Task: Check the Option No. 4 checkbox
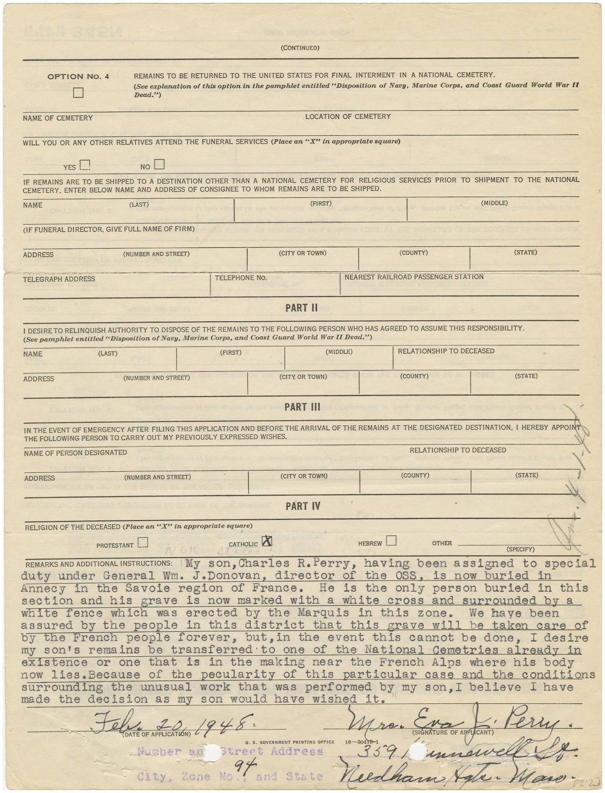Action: point(78,93)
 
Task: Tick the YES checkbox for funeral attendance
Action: point(85,165)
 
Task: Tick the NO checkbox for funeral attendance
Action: point(159,164)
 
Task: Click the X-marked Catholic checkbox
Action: point(267,541)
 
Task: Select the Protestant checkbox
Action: point(143,543)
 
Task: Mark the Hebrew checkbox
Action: point(391,541)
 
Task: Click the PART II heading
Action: point(301,308)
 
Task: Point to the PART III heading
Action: point(302,407)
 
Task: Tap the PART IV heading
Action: point(303,506)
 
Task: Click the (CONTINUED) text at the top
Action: point(300,48)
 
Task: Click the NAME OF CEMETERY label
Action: point(57,118)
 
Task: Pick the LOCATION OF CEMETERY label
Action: point(348,116)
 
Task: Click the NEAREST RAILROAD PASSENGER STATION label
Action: point(414,277)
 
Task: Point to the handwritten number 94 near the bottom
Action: point(242,767)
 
